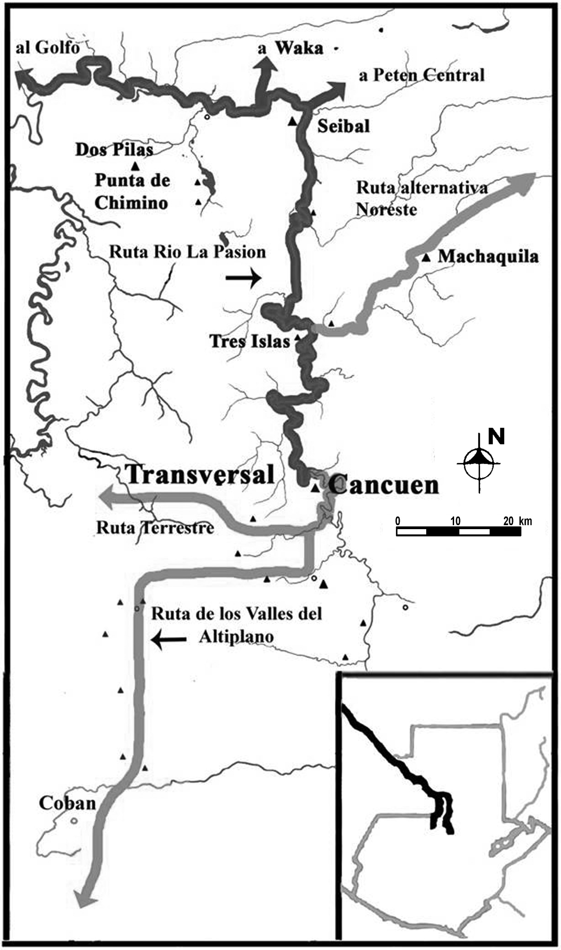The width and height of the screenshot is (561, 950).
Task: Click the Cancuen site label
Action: pos(384,485)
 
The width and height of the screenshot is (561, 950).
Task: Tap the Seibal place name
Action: pos(344,126)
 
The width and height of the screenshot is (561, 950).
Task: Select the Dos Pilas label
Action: pos(114,149)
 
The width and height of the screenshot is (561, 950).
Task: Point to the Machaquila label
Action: pos(488,256)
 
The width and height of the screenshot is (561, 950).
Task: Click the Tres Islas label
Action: pos(250,341)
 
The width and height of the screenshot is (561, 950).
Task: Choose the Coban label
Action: pos(67,803)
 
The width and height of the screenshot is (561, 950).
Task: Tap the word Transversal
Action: pos(201,475)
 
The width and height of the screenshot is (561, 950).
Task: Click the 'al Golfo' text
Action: pos(48,48)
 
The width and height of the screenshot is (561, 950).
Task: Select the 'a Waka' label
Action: pos(291,48)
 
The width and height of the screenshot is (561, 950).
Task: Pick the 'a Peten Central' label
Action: pos(421,75)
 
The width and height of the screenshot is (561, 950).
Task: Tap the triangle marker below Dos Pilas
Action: pos(135,165)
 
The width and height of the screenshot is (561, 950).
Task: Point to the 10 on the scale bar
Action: pos(455,521)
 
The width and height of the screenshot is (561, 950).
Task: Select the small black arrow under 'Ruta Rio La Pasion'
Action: pos(243,278)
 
